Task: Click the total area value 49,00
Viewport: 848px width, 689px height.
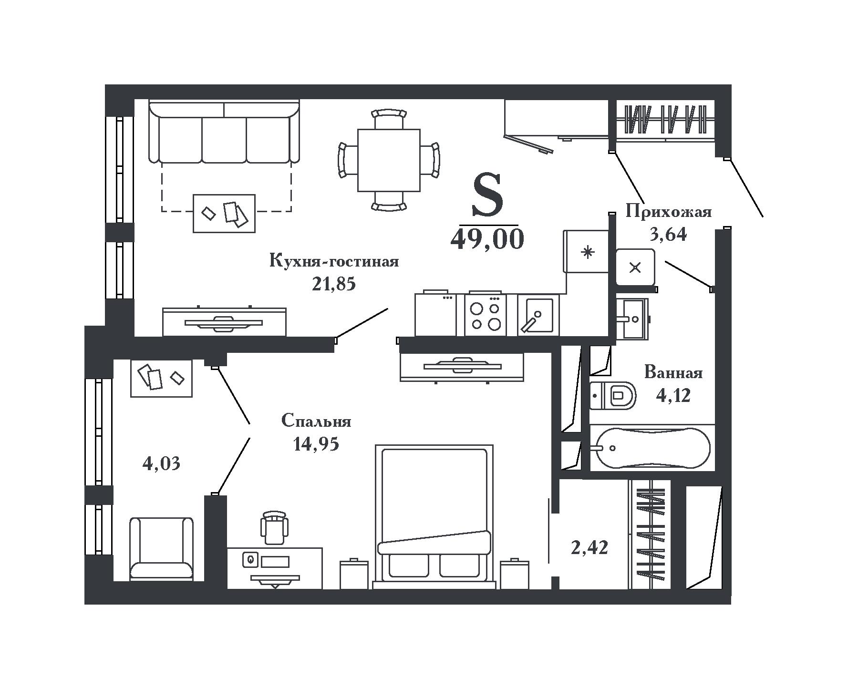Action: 487,239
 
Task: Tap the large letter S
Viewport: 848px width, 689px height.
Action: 487,195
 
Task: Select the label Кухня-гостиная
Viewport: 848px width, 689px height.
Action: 334,261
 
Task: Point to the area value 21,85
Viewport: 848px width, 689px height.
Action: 334,284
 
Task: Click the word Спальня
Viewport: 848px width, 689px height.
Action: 316,421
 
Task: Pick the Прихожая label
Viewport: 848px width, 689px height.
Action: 669,211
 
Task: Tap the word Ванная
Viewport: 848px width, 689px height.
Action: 673,372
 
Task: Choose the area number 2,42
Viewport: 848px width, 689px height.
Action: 589,548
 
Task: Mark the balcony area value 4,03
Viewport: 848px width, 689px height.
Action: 161,463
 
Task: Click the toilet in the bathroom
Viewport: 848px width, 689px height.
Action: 613,395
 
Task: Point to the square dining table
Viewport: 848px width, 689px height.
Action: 389,160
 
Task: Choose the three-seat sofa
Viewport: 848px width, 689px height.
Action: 224,132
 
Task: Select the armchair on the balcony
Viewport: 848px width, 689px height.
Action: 162,548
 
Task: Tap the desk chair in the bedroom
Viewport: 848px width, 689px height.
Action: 275,527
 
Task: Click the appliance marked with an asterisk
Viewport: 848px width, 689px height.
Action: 586,252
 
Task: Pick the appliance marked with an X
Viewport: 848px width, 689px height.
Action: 635,267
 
